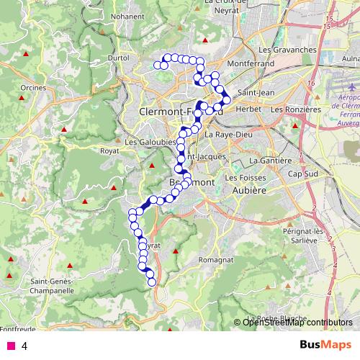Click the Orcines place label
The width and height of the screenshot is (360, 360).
pos(34,88)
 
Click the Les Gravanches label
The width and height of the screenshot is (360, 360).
pos(287,50)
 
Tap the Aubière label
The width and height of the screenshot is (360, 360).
pos(249,189)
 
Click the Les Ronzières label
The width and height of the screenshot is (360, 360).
pos(295,109)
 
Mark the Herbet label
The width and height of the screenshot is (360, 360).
pos(247,109)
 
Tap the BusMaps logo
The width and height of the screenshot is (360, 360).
pos(321,345)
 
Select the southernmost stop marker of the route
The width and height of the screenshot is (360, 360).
pos(152,282)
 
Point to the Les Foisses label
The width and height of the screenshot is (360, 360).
pos(245,177)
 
